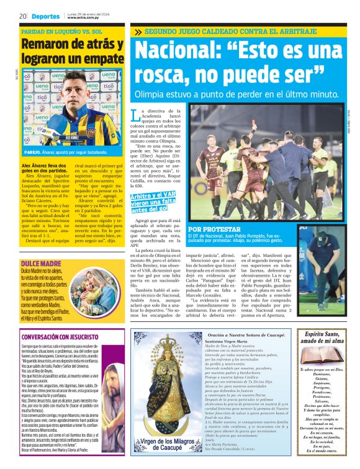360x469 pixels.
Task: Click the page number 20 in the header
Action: pos(22,16)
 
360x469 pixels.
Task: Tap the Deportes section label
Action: pos(45,16)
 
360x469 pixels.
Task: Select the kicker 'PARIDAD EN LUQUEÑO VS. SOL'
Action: pos(63,31)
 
